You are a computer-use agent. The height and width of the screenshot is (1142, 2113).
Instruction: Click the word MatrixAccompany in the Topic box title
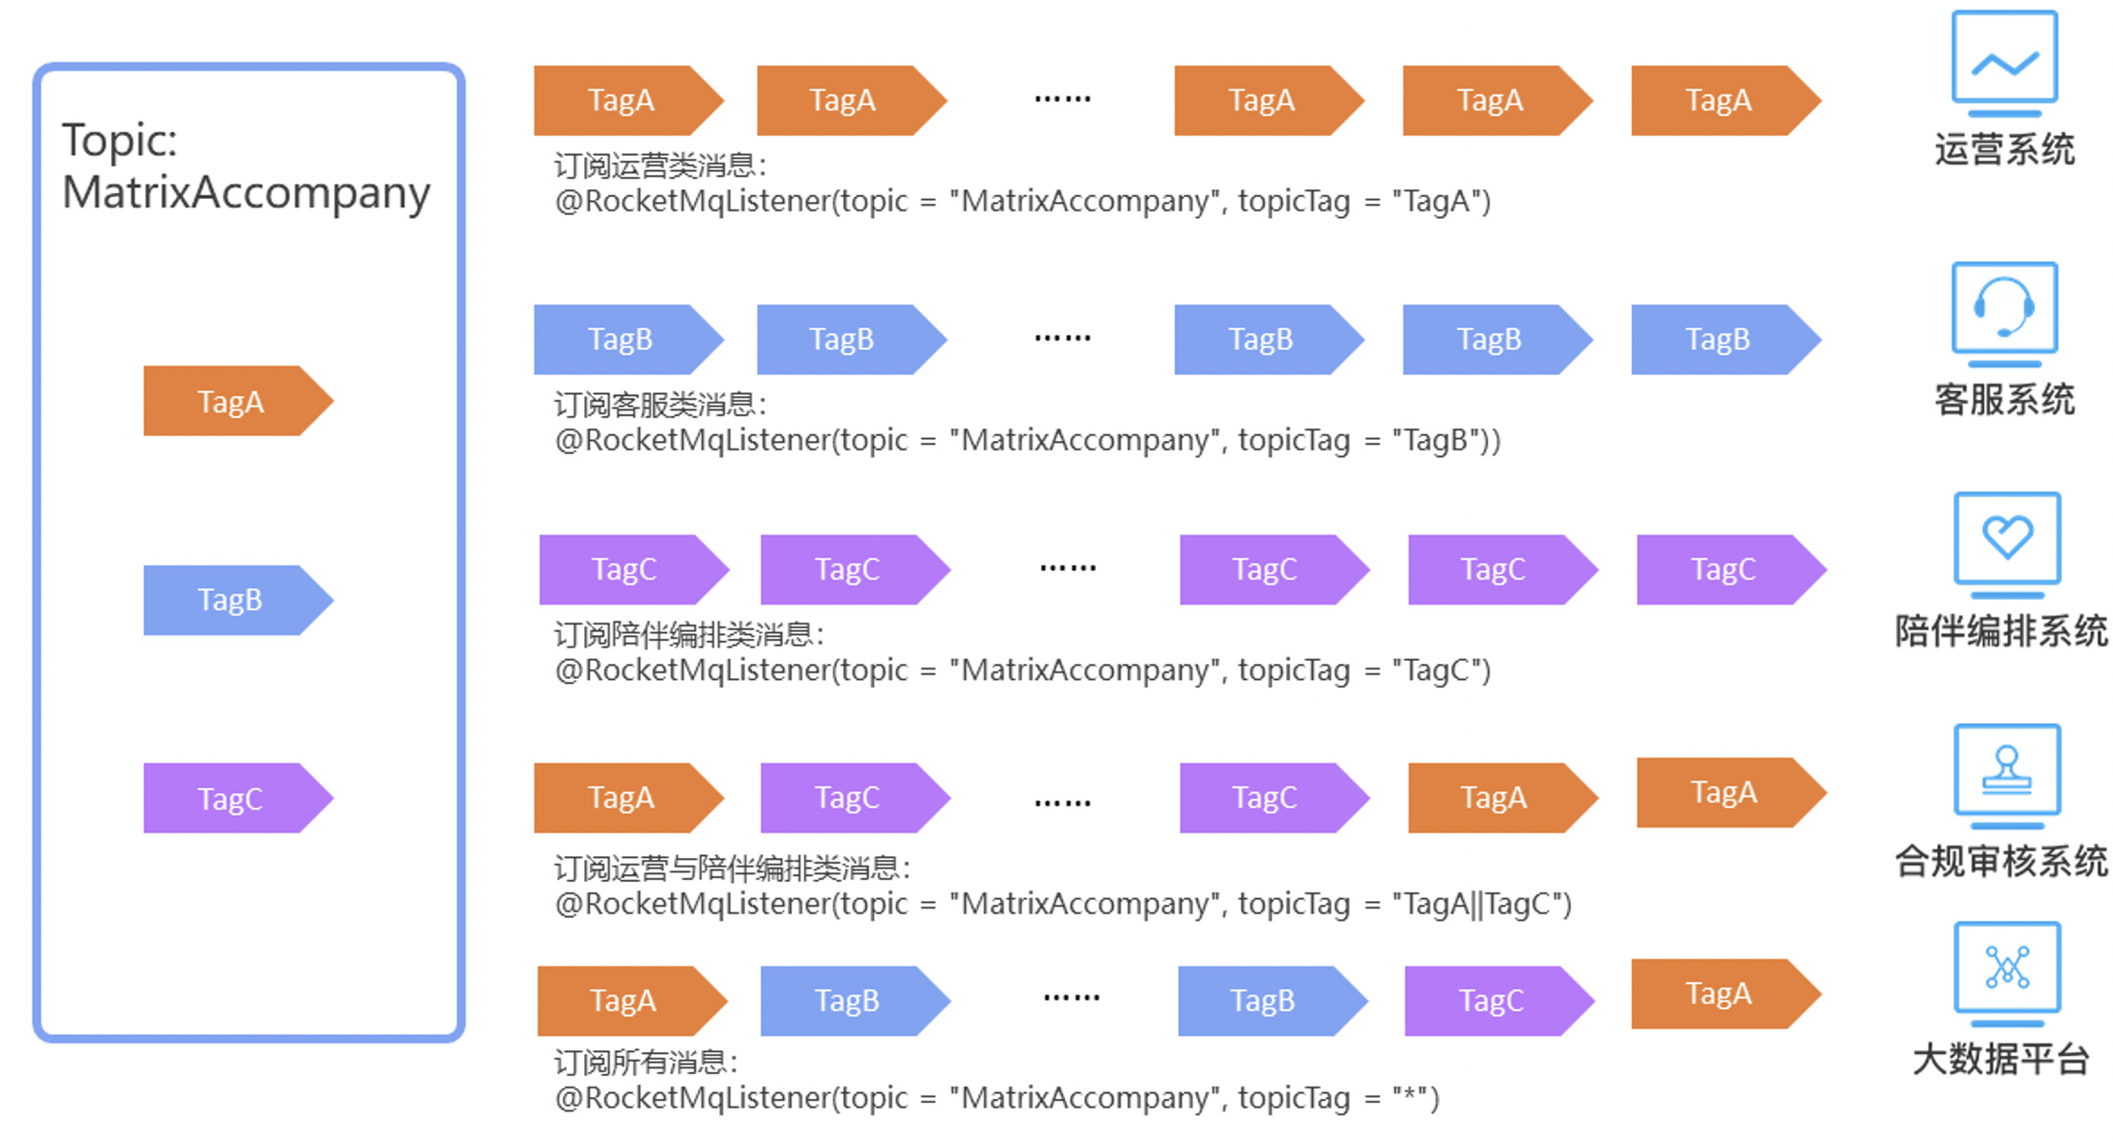[246, 193]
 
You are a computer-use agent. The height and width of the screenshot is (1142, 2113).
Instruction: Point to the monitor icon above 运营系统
[2004, 61]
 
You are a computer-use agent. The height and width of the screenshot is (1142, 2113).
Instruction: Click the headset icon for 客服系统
[2004, 310]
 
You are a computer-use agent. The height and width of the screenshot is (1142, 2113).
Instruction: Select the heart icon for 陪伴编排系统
[2007, 540]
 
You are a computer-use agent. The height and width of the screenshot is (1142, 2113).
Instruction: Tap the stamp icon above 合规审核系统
[2007, 772]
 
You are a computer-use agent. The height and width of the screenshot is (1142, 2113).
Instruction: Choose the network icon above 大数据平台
[2007, 969]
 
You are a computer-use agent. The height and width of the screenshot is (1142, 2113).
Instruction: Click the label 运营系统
[2004, 150]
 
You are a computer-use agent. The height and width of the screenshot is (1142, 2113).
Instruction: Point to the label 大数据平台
[2000, 1060]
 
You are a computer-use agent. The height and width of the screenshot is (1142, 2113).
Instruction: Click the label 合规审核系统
[2001, 862]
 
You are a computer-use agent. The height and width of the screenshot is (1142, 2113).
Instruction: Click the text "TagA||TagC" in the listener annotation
[1481, 904]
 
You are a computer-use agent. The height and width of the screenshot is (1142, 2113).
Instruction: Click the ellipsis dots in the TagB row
[1062, 339]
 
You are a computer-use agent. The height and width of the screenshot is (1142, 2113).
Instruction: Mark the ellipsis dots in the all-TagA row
[1062, 99]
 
